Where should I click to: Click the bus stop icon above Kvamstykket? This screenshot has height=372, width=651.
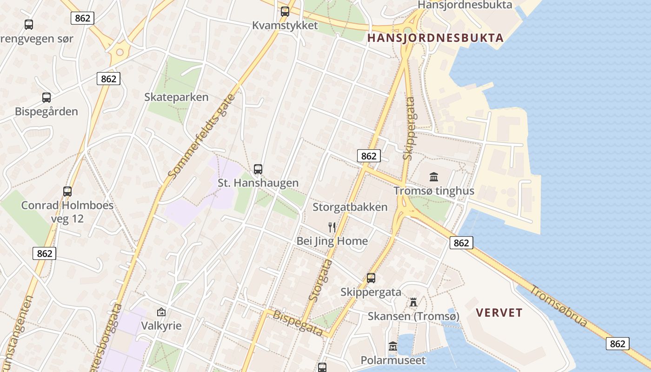285,12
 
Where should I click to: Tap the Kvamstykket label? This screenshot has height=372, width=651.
285,25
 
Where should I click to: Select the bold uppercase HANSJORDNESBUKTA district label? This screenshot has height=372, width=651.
435,38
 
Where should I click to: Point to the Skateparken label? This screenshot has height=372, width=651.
176,97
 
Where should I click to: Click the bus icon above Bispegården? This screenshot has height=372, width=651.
46,98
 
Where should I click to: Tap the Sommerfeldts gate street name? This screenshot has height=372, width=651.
202,136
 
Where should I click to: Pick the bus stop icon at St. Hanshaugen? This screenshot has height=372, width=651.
258,169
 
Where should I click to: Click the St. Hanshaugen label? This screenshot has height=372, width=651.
258,183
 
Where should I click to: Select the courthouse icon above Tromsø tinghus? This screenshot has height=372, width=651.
434,177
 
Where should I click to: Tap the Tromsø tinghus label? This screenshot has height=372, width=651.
434,191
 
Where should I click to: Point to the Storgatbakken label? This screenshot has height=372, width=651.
350,207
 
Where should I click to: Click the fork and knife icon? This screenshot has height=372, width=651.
332,227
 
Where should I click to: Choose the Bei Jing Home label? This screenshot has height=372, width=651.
332,241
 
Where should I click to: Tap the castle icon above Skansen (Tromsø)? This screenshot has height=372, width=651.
413,303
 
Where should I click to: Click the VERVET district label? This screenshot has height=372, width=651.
499,313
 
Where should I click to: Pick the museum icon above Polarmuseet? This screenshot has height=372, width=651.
393,347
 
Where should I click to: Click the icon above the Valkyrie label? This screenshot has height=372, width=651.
161,312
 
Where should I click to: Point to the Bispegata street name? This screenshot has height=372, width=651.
298,323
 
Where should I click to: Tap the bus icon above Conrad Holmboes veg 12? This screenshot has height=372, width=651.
67,191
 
